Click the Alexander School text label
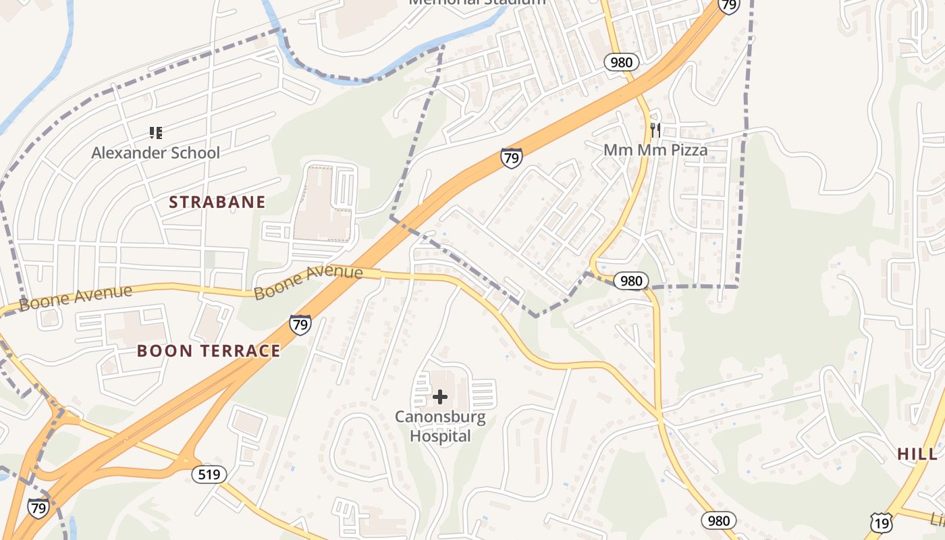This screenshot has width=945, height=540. [155, 153]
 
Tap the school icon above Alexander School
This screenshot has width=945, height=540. [156, 133]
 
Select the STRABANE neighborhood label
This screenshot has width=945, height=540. [217, 202]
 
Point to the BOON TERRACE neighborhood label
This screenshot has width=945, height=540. [209, 350]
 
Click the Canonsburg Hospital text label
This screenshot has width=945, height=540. [440, 426]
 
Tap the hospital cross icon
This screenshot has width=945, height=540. [440, 397]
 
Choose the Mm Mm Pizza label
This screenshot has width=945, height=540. [655, 150]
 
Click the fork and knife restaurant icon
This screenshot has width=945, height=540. [655, 130]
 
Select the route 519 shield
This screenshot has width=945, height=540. [209, 475]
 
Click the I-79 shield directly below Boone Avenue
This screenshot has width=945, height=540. [300, 325]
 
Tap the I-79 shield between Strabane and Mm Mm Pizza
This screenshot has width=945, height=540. [512, 158]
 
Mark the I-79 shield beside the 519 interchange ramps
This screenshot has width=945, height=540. [38, 508]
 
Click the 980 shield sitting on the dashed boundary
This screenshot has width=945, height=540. [630, 281]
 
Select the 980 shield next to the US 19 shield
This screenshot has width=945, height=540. [719, 520]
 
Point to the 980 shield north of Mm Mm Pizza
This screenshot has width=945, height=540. [621, 63]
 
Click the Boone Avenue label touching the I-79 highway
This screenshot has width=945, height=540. [308, 282]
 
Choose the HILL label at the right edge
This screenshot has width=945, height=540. [917, 454]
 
